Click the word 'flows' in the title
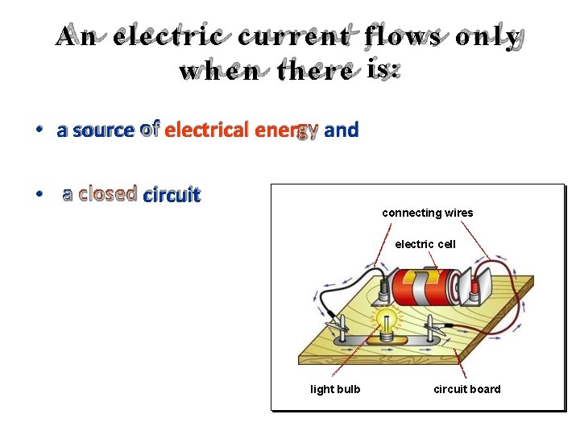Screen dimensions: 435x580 coord(403,37)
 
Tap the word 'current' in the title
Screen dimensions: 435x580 coord(294,37)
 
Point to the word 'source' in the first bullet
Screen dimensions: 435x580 coord(102,130)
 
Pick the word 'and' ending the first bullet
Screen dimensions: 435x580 coord(342,130)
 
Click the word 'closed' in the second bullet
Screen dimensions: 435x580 coord(107,194)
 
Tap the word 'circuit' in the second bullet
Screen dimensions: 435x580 coord(171,194)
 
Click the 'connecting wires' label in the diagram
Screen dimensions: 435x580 coord(427,213)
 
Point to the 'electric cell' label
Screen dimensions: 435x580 coord(425,244)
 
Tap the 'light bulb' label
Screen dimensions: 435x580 coord(335,389)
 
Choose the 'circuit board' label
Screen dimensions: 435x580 coord(466,389)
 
